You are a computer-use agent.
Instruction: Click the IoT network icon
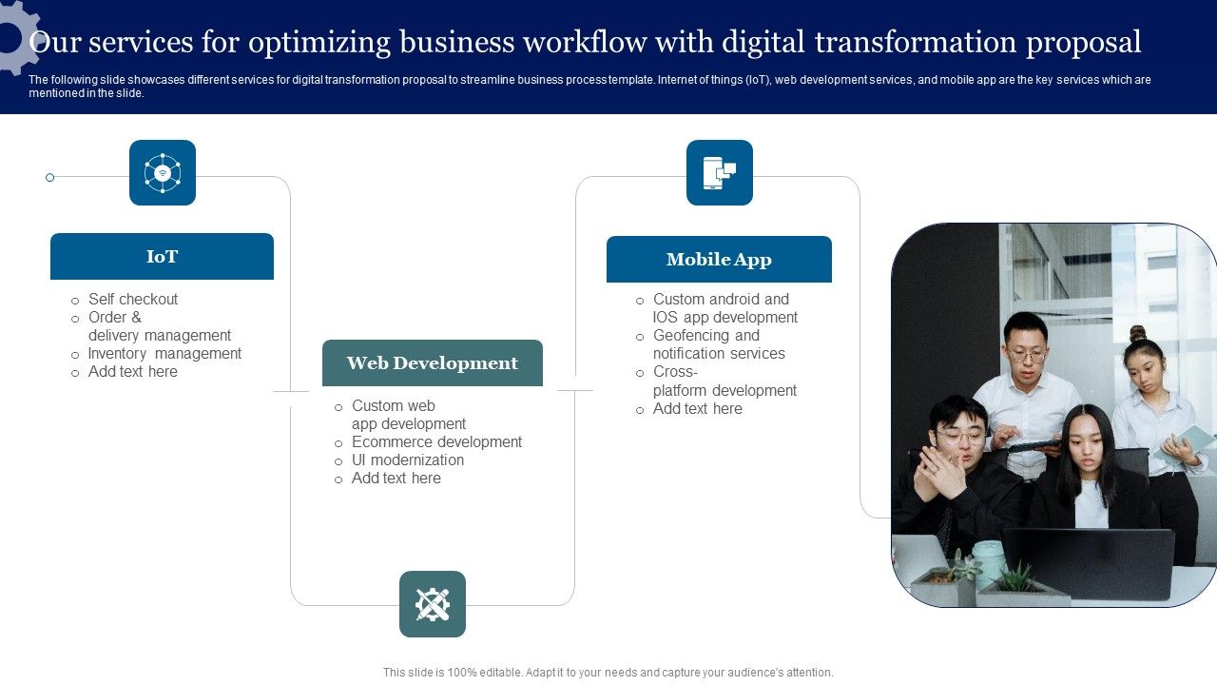(163, 173)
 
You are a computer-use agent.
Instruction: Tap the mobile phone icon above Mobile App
(720, 173)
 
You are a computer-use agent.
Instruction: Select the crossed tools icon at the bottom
(433, 604)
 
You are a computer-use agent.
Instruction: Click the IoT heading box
(162, 257)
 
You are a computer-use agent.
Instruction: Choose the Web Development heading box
(433, 363)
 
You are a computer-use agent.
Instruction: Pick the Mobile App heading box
(719, 260)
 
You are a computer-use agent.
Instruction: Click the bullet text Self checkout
(133, 299)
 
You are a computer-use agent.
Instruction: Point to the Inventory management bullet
(164, 354)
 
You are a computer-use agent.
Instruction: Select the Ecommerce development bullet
(436, 442)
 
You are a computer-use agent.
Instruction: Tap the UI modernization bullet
(408, 460)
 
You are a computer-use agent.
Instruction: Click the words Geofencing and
(706, 336)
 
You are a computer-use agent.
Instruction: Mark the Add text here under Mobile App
(697, 409)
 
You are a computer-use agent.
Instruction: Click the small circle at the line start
(49, 177)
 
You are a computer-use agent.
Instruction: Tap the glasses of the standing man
(1027, 355)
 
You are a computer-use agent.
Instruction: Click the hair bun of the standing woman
(1138, 332)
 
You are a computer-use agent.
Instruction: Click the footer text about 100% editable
(608, 673)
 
